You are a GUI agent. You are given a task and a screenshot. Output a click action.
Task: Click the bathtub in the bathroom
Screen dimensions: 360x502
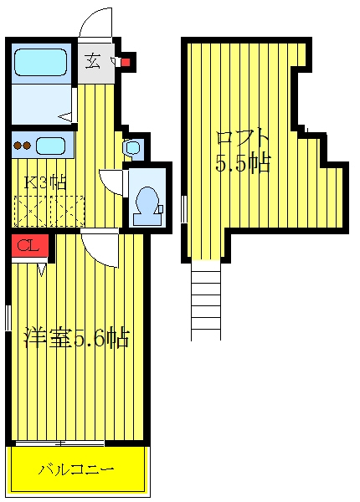(x=40, y=62)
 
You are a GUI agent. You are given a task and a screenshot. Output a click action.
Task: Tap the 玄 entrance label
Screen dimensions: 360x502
(x=93, y=62)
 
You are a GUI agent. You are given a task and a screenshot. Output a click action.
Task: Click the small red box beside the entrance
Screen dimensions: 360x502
(x=126, y=62)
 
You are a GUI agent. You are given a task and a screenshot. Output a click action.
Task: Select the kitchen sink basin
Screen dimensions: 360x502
(x=50, y=146)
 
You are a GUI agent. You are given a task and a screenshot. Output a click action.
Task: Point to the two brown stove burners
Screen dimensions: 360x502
(x=22, y=146)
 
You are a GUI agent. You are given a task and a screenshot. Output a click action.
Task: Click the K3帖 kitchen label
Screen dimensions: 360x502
(x=45, y=182)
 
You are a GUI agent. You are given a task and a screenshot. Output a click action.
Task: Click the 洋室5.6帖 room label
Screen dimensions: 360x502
(x=77, y=337)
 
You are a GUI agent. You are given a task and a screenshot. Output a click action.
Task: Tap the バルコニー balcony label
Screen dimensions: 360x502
(x=76, y=469)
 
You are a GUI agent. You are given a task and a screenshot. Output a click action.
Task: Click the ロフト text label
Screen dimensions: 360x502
(x=242, y=139)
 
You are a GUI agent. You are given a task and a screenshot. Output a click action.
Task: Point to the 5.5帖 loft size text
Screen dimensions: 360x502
(x=243, y=163)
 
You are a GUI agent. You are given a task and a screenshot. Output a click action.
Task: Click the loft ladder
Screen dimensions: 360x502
(x=206, y=300)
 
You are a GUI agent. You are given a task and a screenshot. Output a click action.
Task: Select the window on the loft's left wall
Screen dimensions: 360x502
(x=184, y=209)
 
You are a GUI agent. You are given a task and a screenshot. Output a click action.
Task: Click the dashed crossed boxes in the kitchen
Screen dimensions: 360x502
(x=49, y=211)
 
